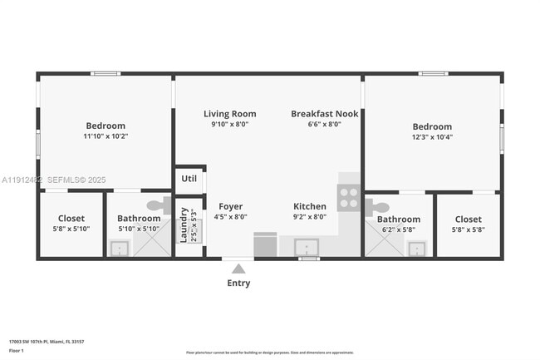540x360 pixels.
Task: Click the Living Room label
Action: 230,114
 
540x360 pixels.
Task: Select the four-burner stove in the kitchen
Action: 349,198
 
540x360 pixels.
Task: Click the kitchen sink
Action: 307,247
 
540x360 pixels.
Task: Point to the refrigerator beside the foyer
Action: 266,244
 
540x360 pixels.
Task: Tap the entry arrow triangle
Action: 238,268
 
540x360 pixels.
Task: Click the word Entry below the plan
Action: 238,284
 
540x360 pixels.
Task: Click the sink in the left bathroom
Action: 120,248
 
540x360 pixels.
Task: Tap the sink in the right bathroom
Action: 416,248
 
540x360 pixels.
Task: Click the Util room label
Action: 189,179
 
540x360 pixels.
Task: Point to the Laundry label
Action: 184,224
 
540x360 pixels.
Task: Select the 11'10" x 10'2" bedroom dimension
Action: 106,136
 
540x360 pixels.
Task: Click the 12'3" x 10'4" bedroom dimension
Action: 432,137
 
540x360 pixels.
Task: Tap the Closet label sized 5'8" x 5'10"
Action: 71,219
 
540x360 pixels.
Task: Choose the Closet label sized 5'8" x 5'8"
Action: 468,219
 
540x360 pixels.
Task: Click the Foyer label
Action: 230,206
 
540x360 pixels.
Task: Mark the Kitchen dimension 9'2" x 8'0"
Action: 310,217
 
